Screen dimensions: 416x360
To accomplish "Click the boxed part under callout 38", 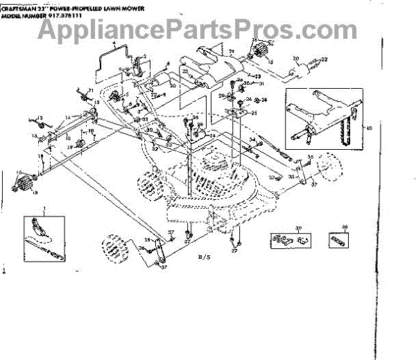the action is tap(338, 240).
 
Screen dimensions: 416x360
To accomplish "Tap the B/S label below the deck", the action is tap(203, 258).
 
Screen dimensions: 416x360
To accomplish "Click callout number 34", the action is tap(252, 140).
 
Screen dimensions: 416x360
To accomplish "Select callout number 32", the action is tap(155, 148).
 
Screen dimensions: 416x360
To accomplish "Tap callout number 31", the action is tap(262, 84).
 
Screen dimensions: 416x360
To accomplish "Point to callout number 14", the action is tap(96, 102).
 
